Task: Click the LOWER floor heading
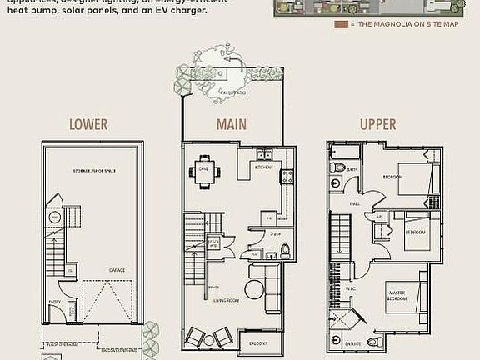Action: pos(88,124)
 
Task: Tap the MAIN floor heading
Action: pos(232,124)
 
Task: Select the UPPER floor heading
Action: pos(377,124)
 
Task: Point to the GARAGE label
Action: pos(117,270)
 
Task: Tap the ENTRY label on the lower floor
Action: pos(55,302)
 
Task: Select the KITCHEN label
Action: pos(263,167)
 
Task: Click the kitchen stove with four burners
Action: pos(287,176)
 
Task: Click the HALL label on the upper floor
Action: pos(356,202)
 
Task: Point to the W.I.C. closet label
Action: pos(351,289)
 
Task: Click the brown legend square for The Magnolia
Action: pos(340,24)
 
